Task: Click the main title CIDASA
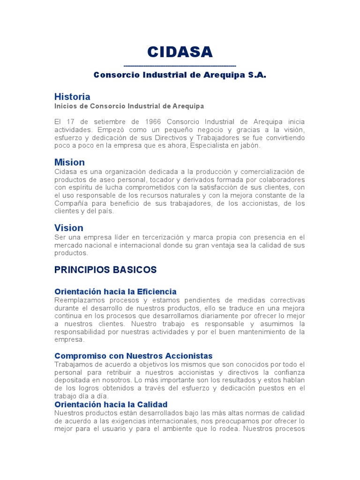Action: [180, 52]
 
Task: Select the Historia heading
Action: [72, 97]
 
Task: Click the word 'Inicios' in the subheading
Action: [66, 106]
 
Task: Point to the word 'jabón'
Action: [249, 146]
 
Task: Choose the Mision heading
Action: [69, 163]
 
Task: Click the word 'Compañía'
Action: [69, 203]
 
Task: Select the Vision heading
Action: [69, 228]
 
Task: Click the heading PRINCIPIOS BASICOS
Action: [105, 270]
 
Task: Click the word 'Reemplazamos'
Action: [78, 300]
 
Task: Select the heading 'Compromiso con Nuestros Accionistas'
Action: [134, 356]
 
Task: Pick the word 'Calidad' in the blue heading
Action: [151, 405]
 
